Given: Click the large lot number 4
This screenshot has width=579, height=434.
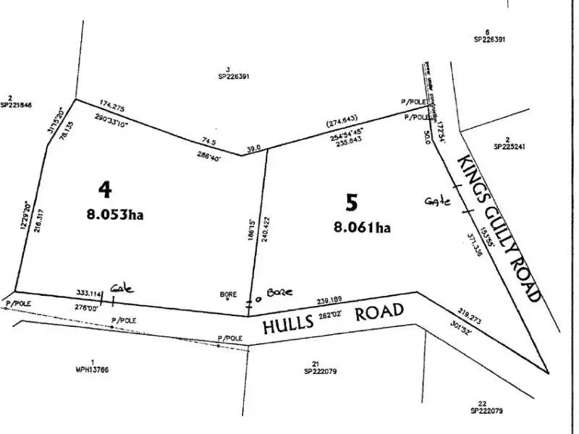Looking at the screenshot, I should pyautogui.click(x=106, y=190).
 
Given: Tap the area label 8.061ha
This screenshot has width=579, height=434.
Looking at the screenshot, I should pyautogui.click(x=362, y=227).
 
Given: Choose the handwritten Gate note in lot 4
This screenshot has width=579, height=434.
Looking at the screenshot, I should pyautogui.click(x=122, y=288).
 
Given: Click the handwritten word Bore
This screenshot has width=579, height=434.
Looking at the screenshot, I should pyautogui.click(x=278, y=292).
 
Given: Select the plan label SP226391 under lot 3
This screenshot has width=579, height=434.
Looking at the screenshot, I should pyautogui.click(x=233, y=76).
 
